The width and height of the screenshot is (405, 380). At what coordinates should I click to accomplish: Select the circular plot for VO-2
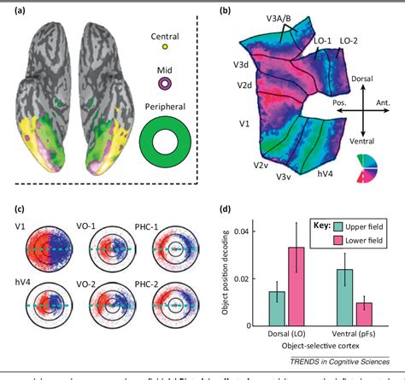112,303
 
